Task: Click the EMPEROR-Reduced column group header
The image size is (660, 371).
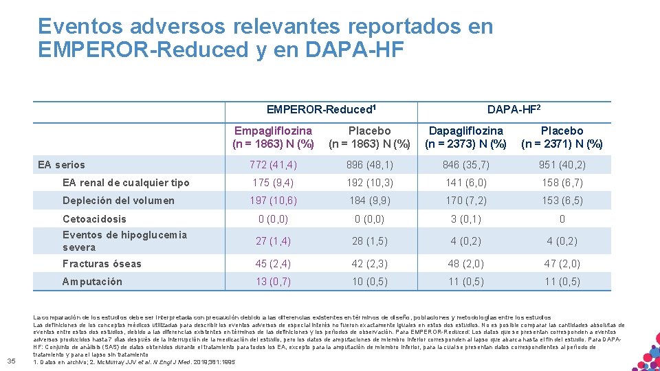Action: [x=321, y=109]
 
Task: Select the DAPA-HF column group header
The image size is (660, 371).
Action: [x=514, y=109]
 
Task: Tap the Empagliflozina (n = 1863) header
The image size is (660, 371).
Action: [x=273, y=137]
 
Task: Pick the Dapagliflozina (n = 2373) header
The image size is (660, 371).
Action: [x=465, y=137]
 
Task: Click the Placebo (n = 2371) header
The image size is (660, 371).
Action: [x=562, y=137]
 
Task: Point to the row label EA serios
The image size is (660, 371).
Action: [x=62, y=164]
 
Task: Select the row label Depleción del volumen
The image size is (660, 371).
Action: [x=118, y=201]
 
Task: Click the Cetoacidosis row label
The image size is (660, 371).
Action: [x=94, y=219]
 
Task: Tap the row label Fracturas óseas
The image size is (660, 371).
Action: [x=102, y=264]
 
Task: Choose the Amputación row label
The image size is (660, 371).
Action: [x=92, y=282]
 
